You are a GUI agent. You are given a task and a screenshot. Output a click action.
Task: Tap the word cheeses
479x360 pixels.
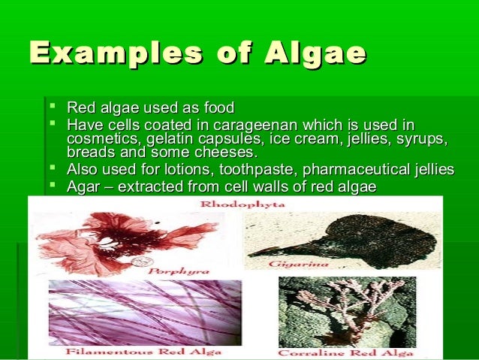(218, 153)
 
